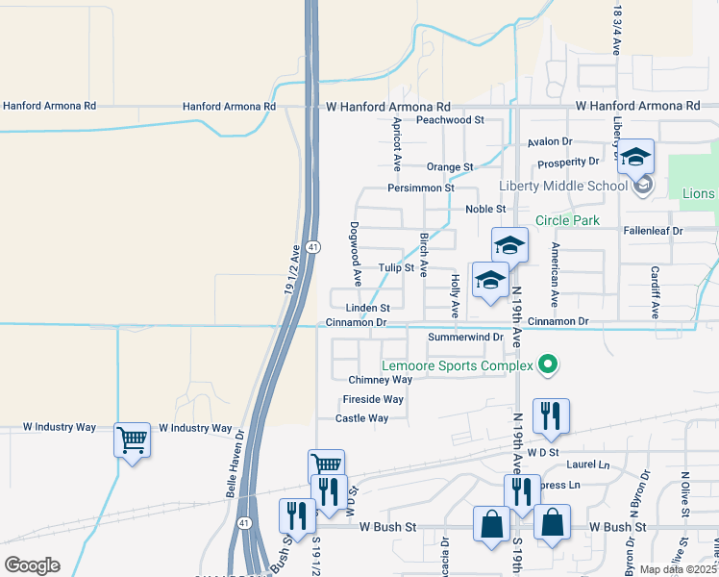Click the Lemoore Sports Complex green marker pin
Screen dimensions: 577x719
(548, 364)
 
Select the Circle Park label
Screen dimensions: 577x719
(567, 220)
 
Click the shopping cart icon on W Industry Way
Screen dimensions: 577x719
(133, 440)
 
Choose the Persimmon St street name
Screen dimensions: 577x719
(421, 188)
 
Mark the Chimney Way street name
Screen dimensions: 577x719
(380, 380)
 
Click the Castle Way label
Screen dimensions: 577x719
(361, 418)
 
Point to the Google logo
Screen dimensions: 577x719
(31, 565)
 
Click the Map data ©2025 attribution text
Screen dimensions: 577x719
(679, 569)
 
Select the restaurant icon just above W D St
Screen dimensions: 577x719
(551, 415)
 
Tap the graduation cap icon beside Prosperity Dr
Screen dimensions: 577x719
(635, 156)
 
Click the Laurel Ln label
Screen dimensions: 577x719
(590, 464)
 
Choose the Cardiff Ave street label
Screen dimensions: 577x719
(655, 292)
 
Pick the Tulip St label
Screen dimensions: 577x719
(395, 268)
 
